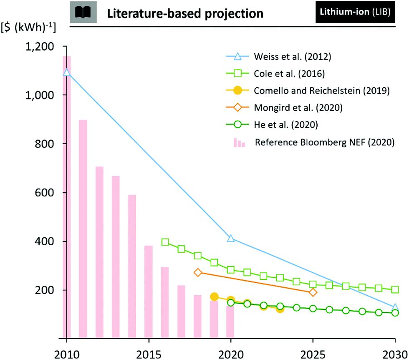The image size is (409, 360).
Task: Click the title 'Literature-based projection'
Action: (185, 13)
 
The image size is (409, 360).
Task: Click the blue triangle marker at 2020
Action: (231, 238)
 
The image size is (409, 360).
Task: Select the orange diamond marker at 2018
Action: (198, 272)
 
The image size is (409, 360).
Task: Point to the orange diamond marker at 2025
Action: (313, 292)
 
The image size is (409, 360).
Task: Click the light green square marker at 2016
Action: (165, 242)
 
